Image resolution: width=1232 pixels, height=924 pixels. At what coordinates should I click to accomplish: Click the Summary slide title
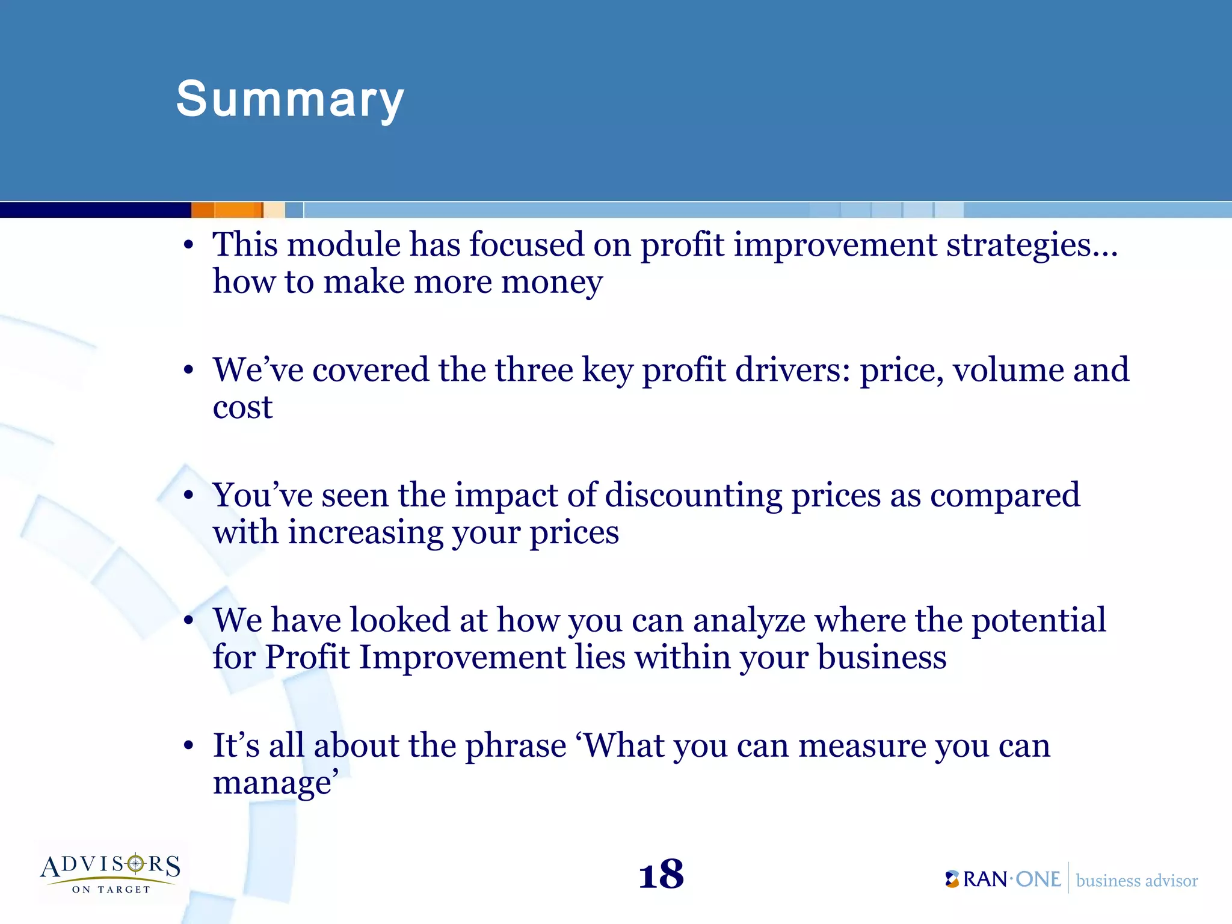[x=290, y=99]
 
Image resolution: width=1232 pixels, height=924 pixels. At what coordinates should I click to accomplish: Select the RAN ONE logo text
[x=1011, y=879]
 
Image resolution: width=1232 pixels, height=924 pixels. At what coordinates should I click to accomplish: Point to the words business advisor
[x=1136, y=881]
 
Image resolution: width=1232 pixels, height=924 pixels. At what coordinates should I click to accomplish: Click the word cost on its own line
[x=242, y=408]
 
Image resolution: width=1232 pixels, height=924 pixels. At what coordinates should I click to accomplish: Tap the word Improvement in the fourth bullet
[x=462, y=657]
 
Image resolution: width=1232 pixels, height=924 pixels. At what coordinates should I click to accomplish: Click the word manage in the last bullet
[x=272, y=783]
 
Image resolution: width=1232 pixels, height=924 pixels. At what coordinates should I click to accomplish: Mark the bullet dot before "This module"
[x=189, y=245]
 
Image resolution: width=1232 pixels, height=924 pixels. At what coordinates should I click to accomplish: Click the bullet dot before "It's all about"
[x=189, y=746]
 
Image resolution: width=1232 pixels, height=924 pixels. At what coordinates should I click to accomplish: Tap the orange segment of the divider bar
[x=227, y=210]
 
